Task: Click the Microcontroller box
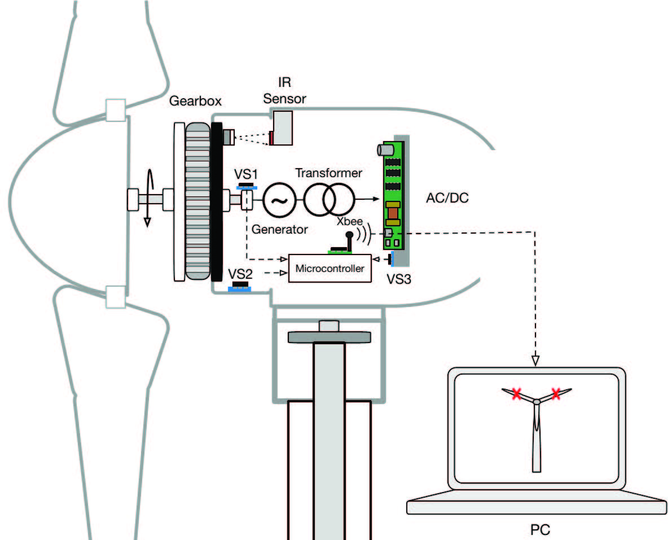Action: point(330,268)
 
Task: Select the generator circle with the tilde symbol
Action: point(279,200)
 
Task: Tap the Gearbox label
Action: point(195,101)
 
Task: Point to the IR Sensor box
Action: point(282,128)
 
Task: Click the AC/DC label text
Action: point(447,198)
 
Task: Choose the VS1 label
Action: point(245,174)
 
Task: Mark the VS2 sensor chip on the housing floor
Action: point(240,287)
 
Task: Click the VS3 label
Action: point(398,279)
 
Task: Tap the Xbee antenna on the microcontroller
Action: point(350,242)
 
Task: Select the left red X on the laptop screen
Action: point(516,394)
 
